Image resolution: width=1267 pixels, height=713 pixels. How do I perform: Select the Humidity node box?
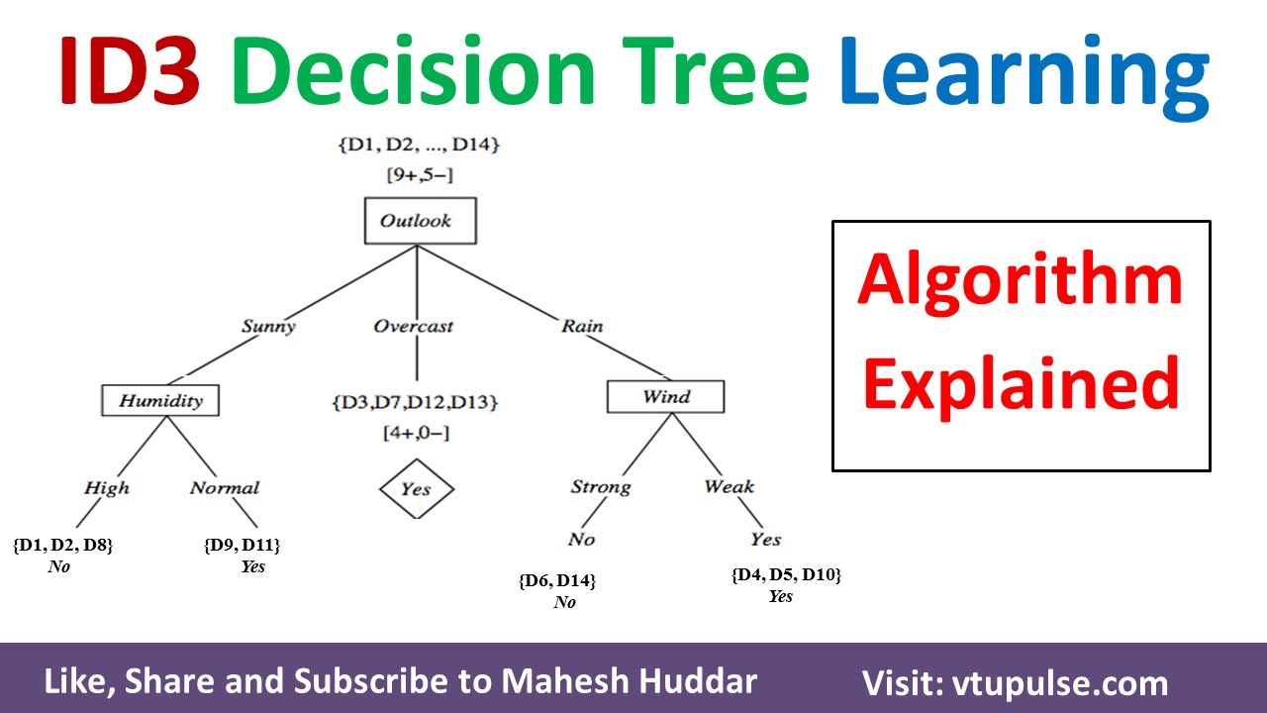pos(159,400)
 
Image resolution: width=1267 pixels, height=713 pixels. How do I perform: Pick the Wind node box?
pos(665,397)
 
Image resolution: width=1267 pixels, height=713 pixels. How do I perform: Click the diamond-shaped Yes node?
pos(417,489)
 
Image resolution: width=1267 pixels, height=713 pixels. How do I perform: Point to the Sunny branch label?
pos(267,326)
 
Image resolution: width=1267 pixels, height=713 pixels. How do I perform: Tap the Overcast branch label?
pos(414,326)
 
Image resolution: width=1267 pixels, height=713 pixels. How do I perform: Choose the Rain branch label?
pos(582,326)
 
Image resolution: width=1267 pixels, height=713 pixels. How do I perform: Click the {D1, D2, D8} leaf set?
pos(62,545)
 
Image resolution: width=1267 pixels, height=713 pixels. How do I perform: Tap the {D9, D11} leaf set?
pos(243,545)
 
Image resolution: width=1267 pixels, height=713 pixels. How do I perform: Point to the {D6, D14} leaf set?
pos(557,581)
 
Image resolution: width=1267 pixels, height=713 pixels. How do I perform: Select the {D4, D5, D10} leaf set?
pos(786,574)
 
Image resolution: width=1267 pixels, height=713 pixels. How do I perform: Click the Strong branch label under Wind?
pos(600,487)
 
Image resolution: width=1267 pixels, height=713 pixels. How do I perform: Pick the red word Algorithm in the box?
pos(1021,280)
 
